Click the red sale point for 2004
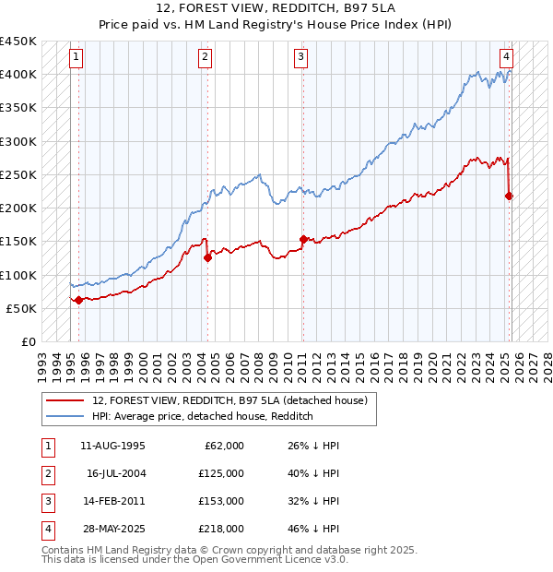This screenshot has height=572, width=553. point(207,258)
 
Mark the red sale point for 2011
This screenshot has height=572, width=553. point(302,239)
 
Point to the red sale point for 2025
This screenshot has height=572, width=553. point(509,196)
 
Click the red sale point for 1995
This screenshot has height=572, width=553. point(78,300)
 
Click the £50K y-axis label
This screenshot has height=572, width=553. point(21,308)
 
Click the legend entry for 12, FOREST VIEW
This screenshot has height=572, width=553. point(229,400)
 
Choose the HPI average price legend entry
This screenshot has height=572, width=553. point(203,416)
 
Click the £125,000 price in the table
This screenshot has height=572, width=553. point(222,473)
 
